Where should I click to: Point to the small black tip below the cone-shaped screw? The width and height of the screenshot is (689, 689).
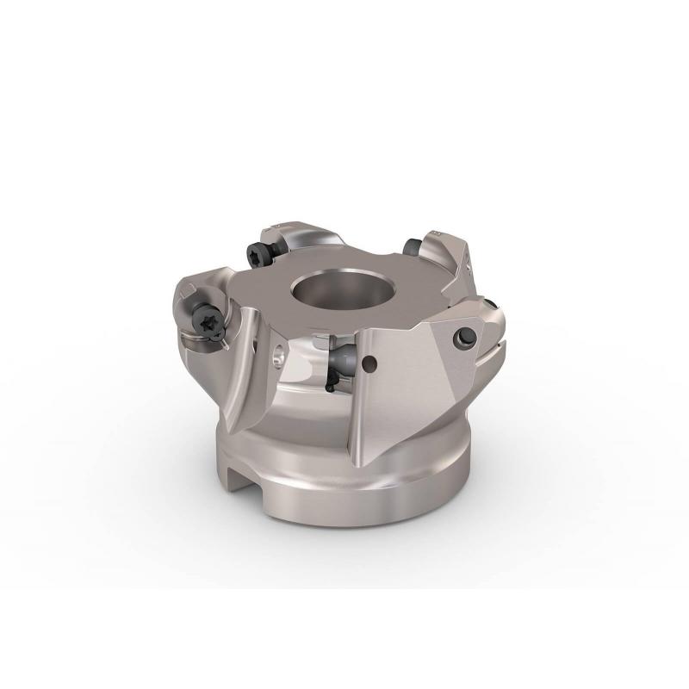click(330, 385)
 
